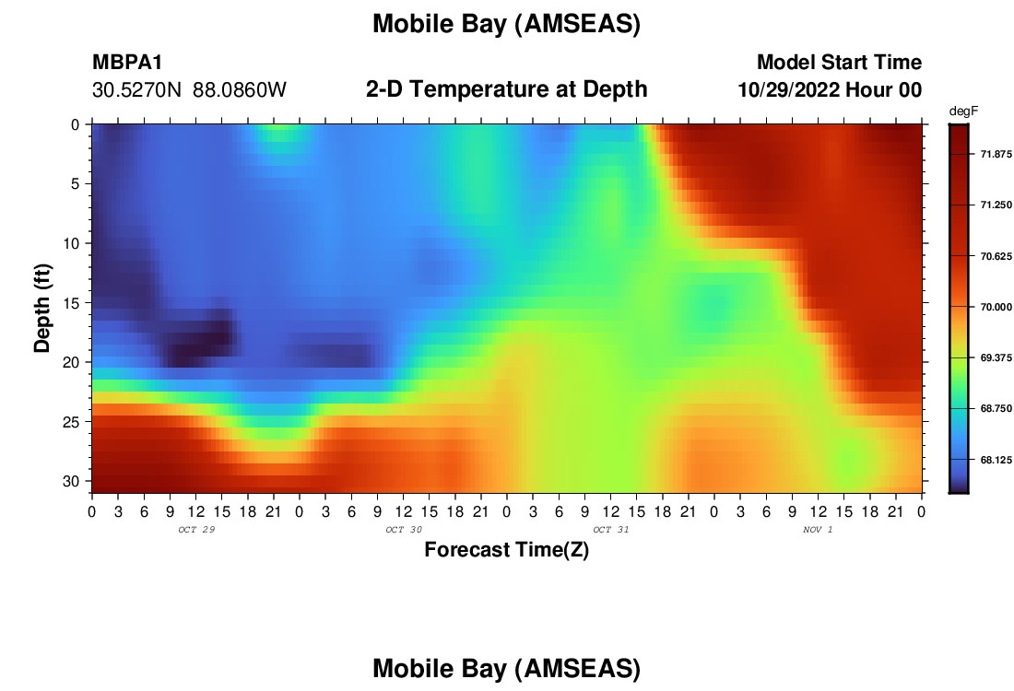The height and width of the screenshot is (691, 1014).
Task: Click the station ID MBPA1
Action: (x=127, y=62)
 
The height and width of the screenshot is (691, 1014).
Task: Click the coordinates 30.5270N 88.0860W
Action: (x=189, y=90)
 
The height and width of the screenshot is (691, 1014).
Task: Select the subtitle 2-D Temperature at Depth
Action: (x=506, y=89)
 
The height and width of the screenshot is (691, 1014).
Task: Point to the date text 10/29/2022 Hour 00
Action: (x=830, y=90)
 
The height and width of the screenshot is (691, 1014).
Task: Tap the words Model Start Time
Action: (x=839, y=62)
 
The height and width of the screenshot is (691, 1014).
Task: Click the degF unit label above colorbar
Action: (x=963, y=111)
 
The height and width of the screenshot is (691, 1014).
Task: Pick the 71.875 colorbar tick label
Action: (x=996, y=154)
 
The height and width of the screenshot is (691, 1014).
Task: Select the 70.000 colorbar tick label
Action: (x=996, y=307)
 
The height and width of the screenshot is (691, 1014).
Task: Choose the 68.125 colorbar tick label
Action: (x=996, y=461)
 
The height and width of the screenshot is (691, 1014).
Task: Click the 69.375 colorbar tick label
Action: (x=996, y=358)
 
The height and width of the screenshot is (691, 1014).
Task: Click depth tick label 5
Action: (x=75, y=184)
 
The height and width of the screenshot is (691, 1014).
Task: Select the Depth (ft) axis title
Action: (x=42, y=308)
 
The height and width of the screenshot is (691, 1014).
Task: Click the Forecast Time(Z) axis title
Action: (x=506, y=550)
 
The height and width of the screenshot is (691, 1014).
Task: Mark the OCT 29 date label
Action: (x=196, y=530)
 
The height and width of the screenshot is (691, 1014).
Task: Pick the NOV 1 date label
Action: (x=818, y=530)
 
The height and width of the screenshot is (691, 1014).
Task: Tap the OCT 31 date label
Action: (x=610, y=530)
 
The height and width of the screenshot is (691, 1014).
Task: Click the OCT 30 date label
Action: (x=404, y=530)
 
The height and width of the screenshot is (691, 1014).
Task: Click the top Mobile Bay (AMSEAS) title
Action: (x=506, y=24)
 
